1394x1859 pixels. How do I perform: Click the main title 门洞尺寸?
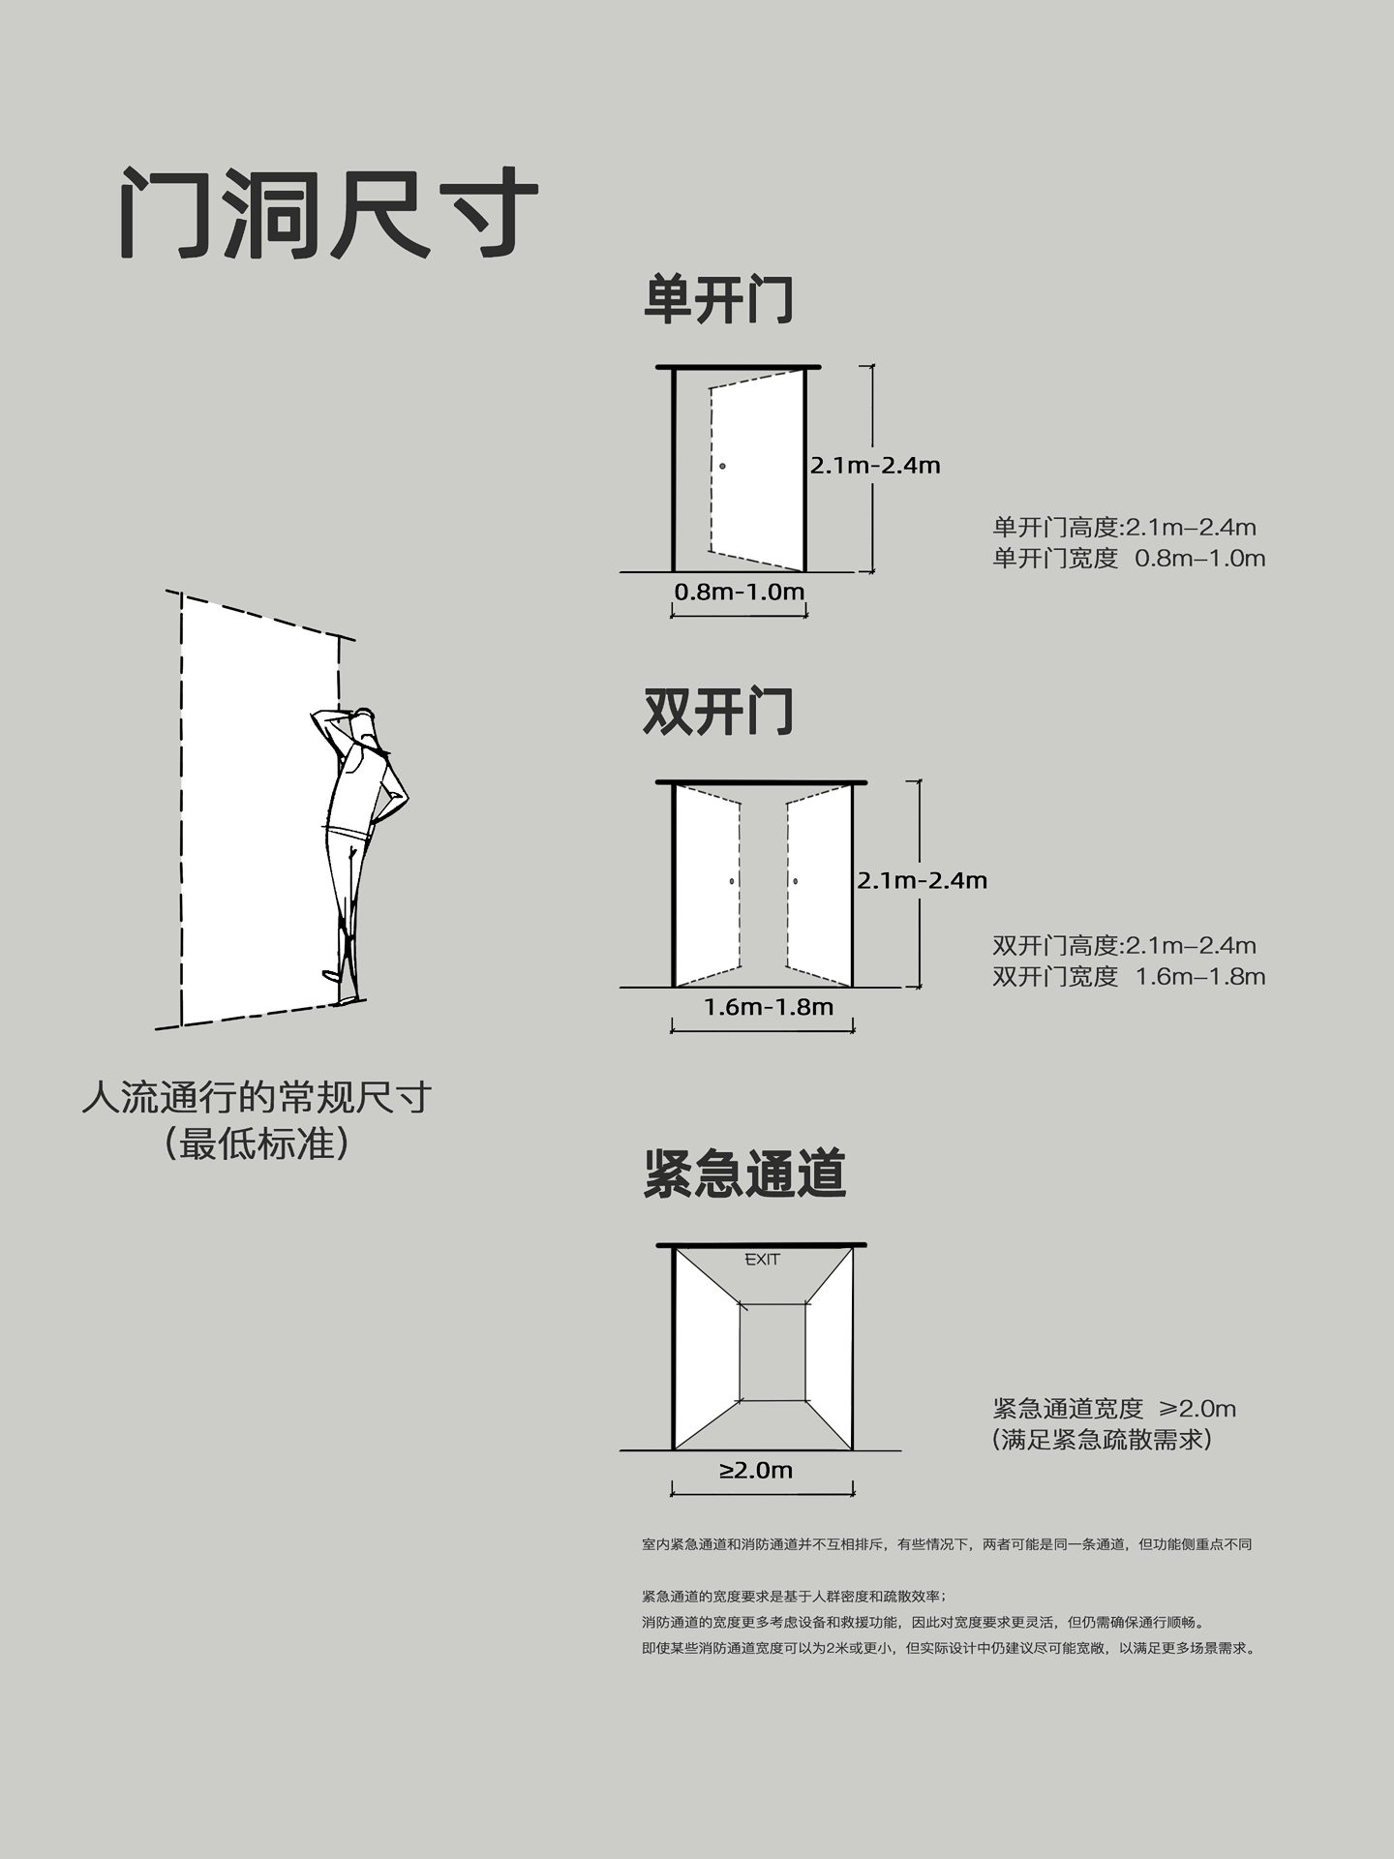click(329, 213)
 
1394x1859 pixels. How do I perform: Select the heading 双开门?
click(718, 713)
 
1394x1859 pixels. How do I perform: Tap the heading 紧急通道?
click(745, 1173)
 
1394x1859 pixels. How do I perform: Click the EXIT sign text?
click(762, 1260)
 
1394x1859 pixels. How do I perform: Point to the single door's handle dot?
click(722, 467)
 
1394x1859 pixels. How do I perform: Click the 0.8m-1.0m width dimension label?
click(740, 592)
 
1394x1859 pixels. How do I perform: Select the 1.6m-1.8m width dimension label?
click(769, 1007)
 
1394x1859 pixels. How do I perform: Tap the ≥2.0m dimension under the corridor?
click(756, 1471)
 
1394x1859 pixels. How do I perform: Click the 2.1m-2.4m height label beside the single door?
click(875, 466)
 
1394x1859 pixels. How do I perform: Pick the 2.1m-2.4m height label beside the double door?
click(922, 880)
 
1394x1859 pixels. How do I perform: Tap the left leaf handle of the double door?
click(732, 881)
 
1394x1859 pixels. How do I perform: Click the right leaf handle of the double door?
click(796, 881)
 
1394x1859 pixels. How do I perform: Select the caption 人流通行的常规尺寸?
click(257, 1098)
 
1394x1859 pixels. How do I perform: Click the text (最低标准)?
click(257, 1143)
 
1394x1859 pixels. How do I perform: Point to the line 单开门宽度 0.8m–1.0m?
click(1129, 559)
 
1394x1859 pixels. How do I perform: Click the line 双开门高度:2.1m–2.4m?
click(1125, 946)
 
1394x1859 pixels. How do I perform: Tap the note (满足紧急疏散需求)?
click(1103, 1440)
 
